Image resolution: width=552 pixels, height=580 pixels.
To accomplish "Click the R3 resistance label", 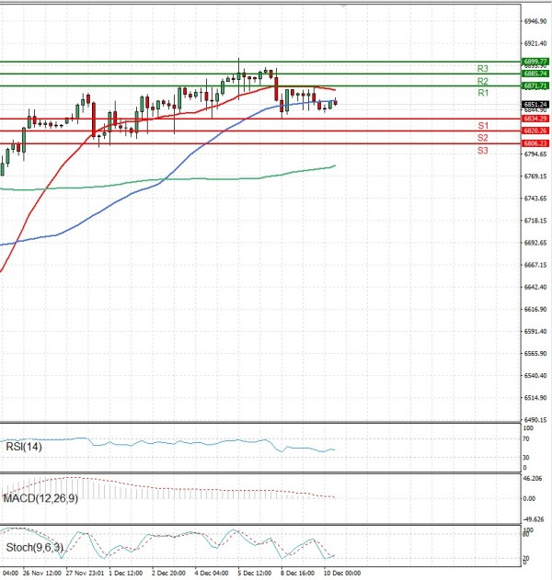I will [482, 69].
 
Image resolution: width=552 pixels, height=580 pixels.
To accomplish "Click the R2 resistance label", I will [482, 82].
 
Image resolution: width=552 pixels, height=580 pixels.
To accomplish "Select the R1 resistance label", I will [482, 94].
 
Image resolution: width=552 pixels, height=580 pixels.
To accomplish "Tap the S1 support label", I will [482, 125].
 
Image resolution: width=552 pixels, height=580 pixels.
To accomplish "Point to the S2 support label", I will [482, 138].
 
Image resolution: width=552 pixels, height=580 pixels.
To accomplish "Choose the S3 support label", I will [482, 150].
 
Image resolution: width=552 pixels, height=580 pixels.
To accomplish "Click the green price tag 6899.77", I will [535, 61].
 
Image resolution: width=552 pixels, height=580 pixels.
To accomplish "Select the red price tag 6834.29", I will [535, 119].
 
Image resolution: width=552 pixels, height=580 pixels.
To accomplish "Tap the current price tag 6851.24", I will [535, 104].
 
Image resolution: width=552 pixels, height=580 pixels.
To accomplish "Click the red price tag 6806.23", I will [535, 143].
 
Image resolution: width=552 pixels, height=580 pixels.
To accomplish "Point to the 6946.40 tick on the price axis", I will [535, 20].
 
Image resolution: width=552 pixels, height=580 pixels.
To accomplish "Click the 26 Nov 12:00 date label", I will [41, 572].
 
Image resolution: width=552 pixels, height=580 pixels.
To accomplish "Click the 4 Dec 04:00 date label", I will [212, 572].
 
